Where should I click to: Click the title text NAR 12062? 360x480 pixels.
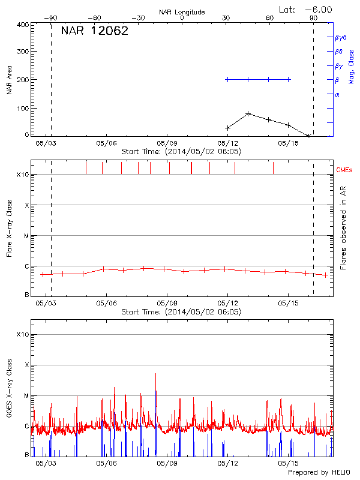(95, 32)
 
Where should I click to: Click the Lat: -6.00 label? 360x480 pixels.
(306, 10)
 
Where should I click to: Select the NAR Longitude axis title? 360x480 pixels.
(182, 12)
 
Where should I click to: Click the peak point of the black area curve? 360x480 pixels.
(248, 113)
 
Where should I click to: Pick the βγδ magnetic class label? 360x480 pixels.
(341, 37)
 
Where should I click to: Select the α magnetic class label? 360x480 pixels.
(337, 94)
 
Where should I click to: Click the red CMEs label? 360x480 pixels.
(344, 171)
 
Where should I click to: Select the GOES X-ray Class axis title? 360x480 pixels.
(9, 396)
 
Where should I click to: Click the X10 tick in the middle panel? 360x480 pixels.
(23, 175)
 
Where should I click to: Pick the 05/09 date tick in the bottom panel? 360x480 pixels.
(167, 463)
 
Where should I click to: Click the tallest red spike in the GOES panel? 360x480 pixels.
(156, 374)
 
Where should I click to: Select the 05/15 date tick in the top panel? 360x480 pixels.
(288, 143)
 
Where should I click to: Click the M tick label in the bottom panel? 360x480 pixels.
(26, 396)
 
